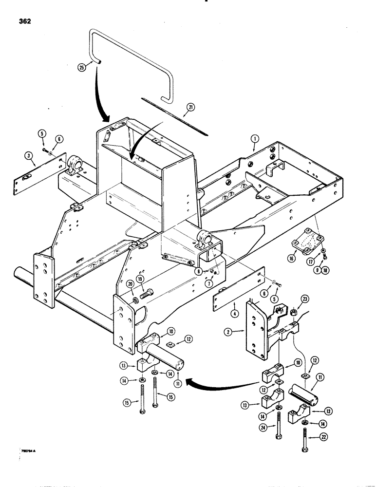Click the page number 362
click(x=23, y=21)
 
